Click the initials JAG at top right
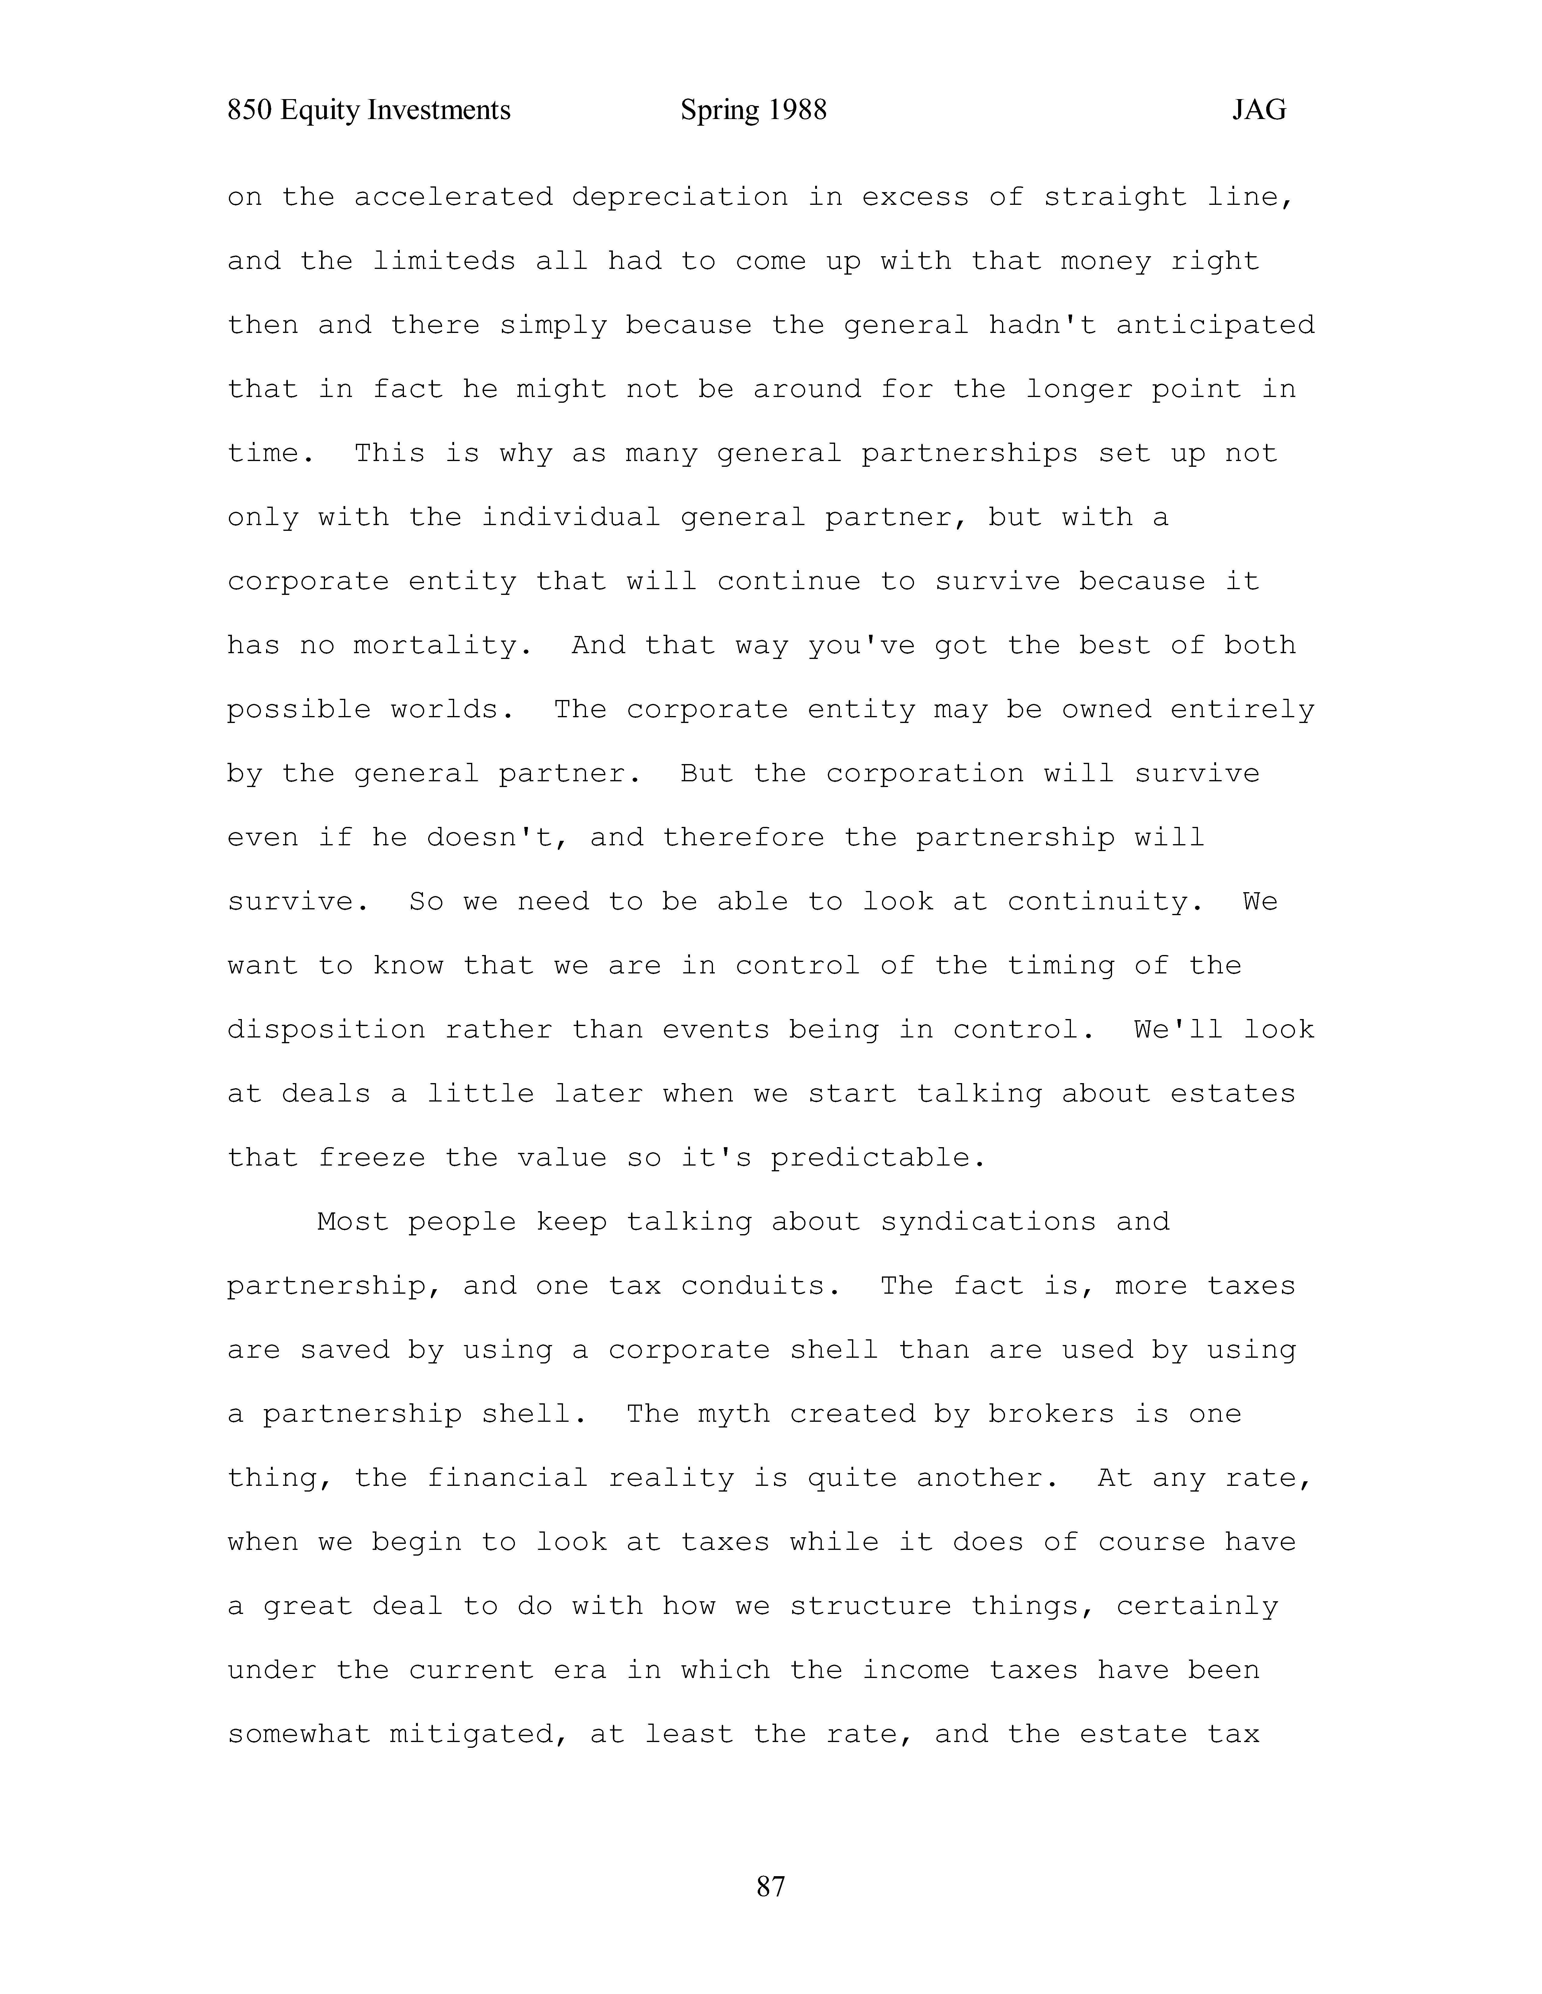(1259, 111)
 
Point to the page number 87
(770, 1885)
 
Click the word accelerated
(453, 197)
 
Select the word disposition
(326, 1030)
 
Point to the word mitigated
(480, 1735)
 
